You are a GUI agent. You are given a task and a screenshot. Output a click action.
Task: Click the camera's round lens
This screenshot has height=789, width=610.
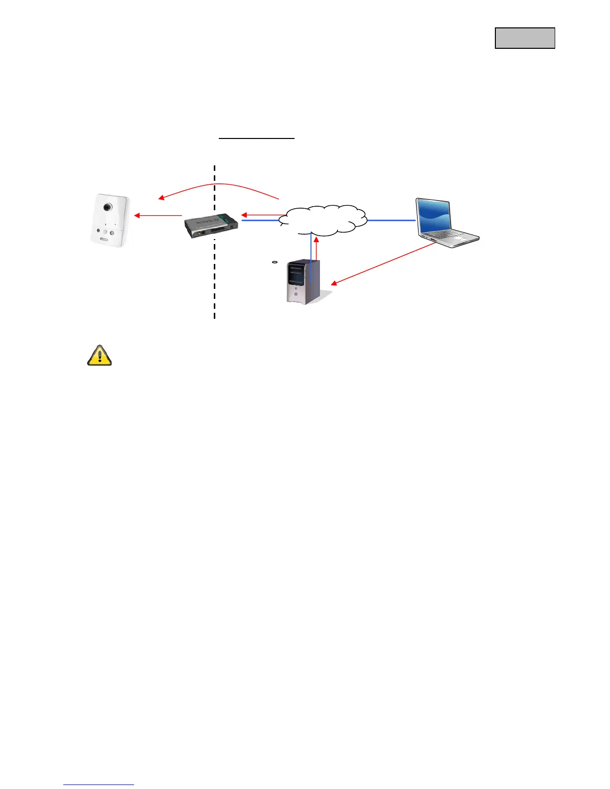[107, 207]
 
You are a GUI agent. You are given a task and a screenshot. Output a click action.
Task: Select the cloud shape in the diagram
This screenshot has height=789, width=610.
[323, 220]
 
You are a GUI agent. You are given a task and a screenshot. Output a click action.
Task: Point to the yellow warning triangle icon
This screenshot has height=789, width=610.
[99, 356]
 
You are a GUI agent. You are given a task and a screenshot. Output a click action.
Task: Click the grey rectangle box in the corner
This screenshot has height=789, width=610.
[525, 38]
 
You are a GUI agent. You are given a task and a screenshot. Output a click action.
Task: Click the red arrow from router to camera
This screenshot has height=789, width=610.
[158, 216]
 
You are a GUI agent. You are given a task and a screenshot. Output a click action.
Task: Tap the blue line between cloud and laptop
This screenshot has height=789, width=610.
[391, 220]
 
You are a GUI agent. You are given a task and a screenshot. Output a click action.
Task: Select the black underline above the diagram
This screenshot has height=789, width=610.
[257, 138]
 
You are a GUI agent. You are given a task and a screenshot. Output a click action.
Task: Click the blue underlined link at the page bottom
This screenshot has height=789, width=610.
[99, 785]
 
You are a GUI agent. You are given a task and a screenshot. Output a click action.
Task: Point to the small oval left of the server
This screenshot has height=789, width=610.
[274, 262]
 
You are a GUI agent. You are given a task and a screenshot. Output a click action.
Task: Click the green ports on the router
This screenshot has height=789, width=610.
[230, 219]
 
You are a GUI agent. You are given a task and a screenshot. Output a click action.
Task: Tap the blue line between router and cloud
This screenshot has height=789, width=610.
[259, 220]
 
